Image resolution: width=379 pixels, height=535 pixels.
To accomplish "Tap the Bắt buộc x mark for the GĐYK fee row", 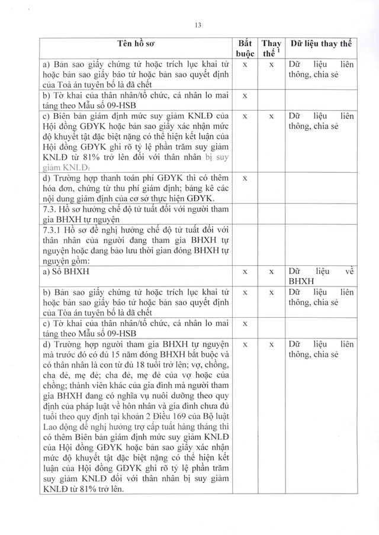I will coord(245,178).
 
